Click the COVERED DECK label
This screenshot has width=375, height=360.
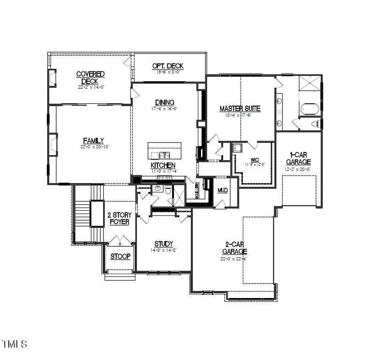90,77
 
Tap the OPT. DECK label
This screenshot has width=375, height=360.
167,66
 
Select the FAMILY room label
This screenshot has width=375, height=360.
93,140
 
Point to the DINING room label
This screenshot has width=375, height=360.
164,102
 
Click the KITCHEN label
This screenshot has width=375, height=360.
163,165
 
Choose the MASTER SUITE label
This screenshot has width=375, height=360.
240,108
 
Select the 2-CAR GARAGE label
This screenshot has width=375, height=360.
234,248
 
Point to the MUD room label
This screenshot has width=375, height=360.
222,190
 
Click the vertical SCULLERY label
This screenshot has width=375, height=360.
197,191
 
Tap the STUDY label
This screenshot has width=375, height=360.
164,244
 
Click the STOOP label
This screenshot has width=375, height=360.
120,256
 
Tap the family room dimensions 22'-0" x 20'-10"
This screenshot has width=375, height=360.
93,147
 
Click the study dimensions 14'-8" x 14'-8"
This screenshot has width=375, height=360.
164,250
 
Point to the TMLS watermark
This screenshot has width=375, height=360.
14,344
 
